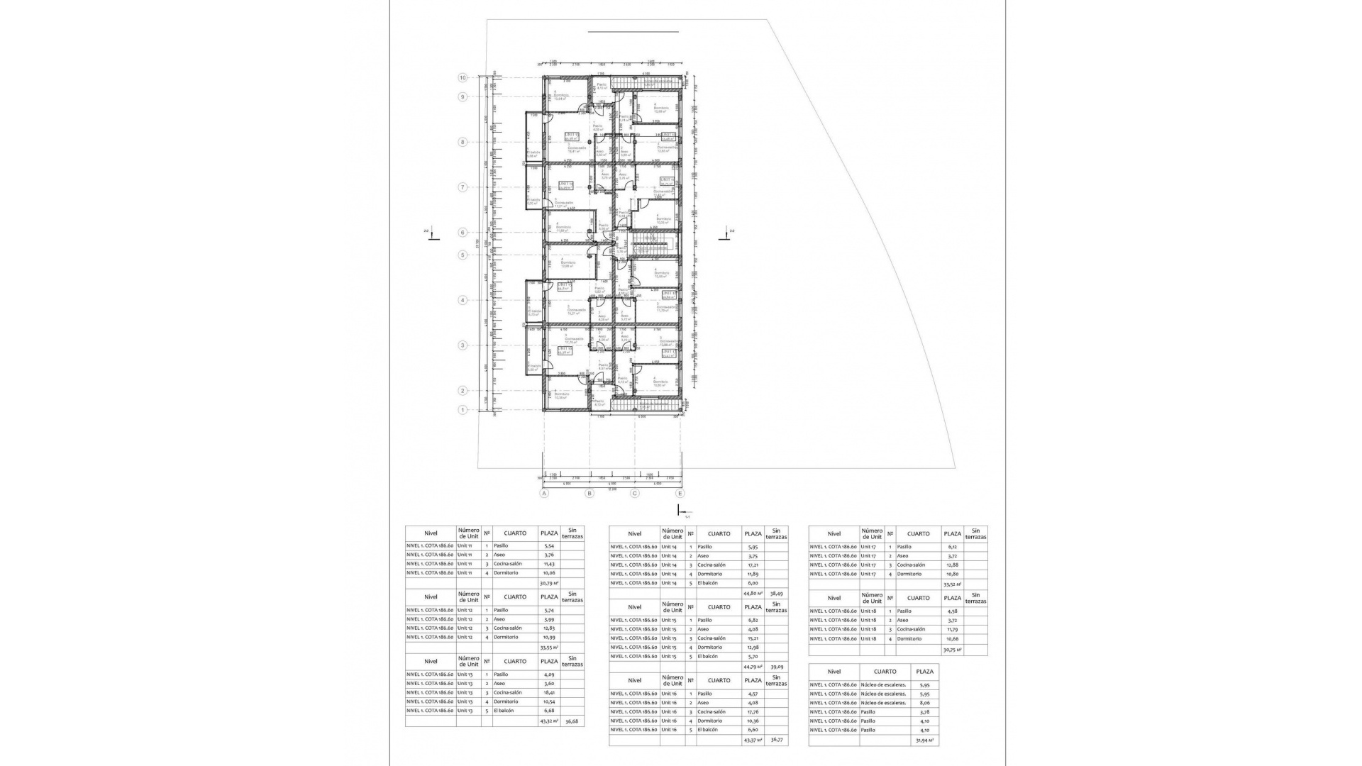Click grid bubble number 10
point(463,78)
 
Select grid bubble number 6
point(463,232)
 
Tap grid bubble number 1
point(463,410)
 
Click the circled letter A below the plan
point(544,494)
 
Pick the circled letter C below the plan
point(635,494)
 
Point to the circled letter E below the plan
point(680,494)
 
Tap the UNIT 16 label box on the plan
point(565,350)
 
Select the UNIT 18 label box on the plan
point(668,294)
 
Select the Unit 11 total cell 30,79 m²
point(549,583)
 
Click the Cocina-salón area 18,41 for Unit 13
point(549,693)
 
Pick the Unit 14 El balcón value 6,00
point(753,583)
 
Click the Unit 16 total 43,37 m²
point(753,740)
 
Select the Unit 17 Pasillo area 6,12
point(952,547)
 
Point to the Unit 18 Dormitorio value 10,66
point(952,639)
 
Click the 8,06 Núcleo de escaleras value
point(924,703)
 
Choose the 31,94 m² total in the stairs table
point(924,740)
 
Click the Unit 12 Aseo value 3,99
point(549,619)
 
